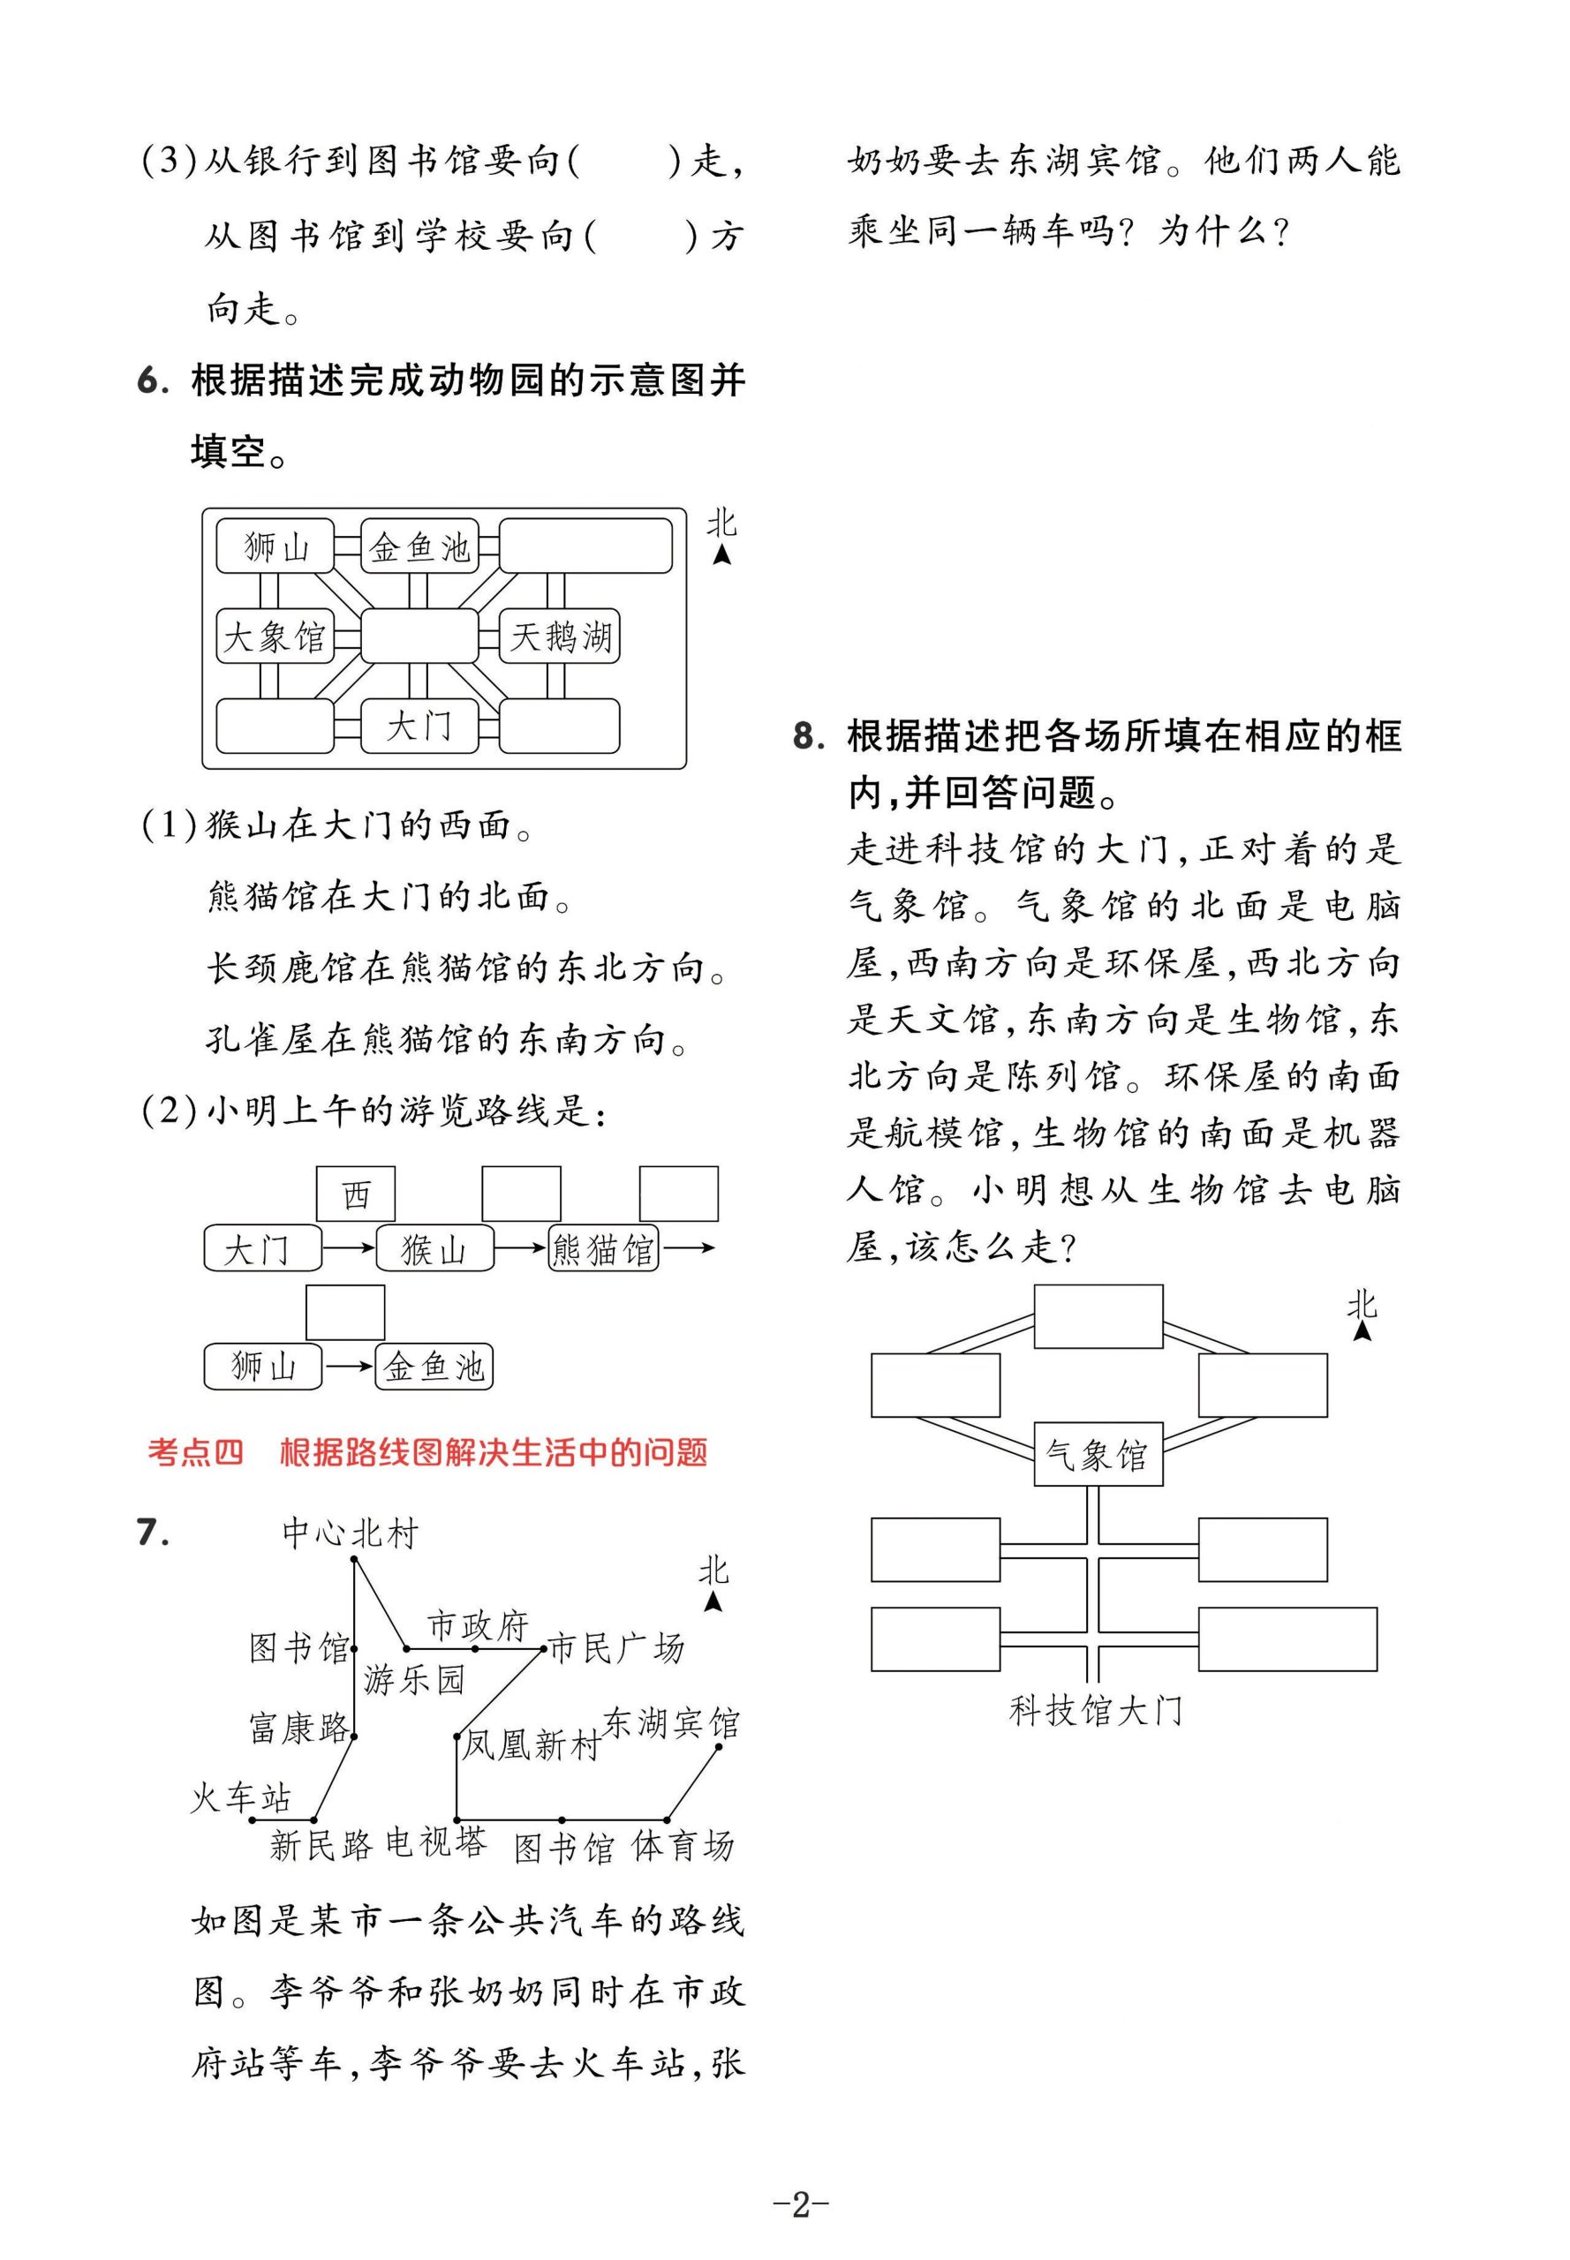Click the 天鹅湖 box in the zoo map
[x=560, y=637]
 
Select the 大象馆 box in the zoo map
[x=275, y=637]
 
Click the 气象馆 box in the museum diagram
[x=1097, y=1455]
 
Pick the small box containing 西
[x=355, y=1194]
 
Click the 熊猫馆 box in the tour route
[x=603, y=1249]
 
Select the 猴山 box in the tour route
[x=434, y=1249]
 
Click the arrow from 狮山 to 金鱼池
[x=348, y=1366]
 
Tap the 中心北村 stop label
[x=351, y=1533]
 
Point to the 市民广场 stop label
[x=615, y=1647]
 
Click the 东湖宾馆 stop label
[x=670, y=1723]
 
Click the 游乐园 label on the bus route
[x=413, y=1679]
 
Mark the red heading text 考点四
[x=195, y=1452]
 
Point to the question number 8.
[x=808, y=735]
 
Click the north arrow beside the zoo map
[x=722, y=554]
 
